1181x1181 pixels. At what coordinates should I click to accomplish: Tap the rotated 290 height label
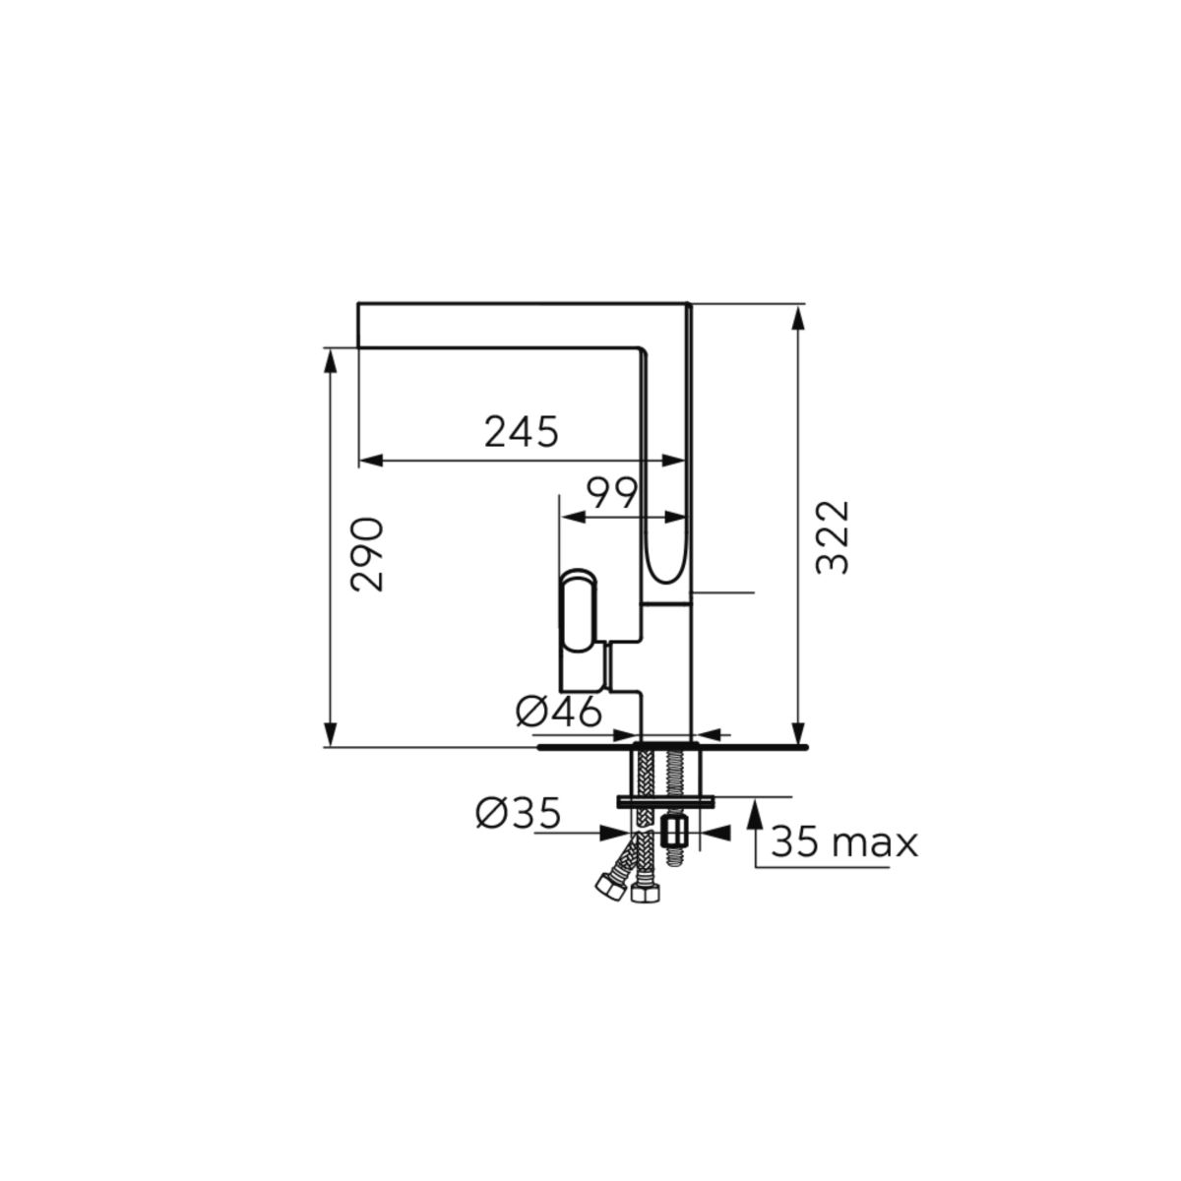click(367, 555)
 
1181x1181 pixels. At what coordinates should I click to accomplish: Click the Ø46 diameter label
click(559, 712)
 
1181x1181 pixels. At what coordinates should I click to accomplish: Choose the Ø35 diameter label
click(519, 814)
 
